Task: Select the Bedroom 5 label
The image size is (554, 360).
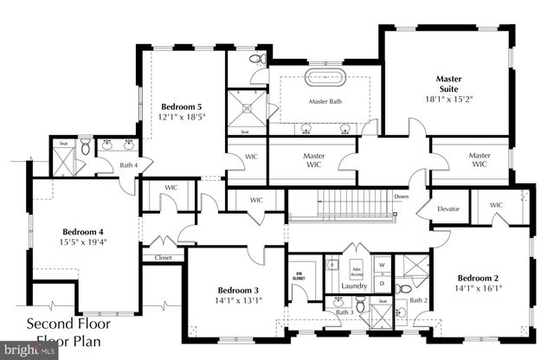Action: point(181,106)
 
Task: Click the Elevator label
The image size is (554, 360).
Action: point(448,209)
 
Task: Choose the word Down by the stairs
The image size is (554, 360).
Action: point(401,196)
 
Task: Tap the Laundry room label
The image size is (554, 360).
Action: point(355,285)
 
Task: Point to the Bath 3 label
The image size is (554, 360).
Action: point(345,312)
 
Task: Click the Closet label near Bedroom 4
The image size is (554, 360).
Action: point(163,257)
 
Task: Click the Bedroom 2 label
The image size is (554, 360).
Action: point(480,278)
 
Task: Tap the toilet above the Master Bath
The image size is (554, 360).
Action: point(257,60)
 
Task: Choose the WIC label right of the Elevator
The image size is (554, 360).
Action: point(496,205)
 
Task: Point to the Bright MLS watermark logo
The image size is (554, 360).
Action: point(26,350)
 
